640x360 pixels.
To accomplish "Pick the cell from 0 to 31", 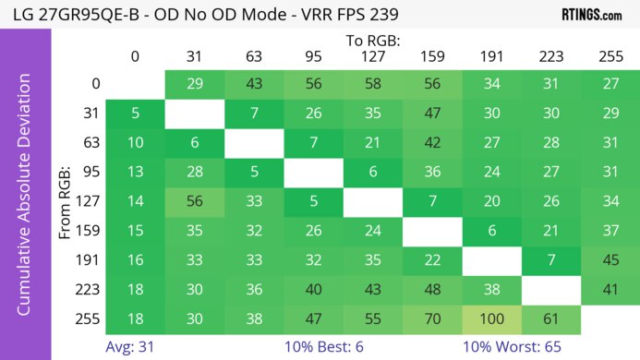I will (194, 84).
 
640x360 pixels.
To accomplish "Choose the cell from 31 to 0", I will (135, 114).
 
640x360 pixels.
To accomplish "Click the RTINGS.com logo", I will (591, 15).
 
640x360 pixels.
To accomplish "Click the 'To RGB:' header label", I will (373, 41).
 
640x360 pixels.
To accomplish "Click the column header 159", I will (431, 57).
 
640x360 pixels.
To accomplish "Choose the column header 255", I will (610, 57).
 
